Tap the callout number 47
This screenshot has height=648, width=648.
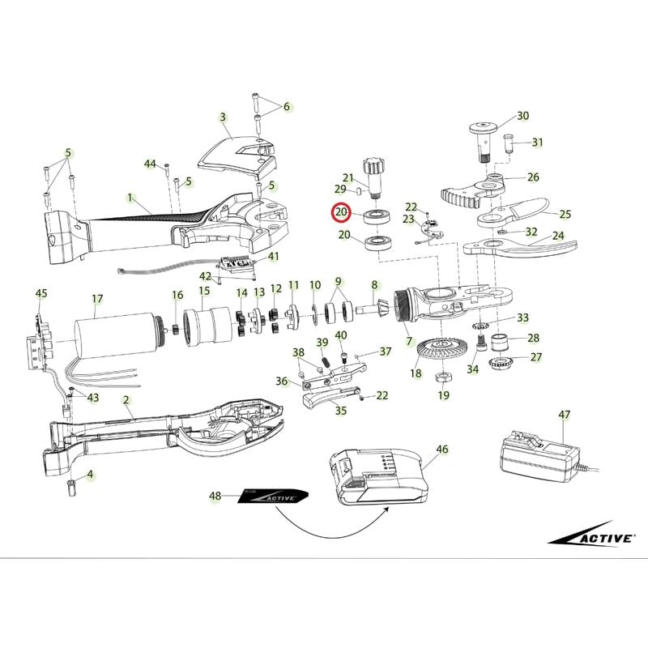(564, 415)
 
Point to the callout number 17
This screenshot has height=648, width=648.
(97, 299)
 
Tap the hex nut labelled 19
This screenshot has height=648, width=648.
(444, 377)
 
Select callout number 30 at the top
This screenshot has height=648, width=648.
(522, 116)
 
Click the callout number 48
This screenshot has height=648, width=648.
(215, 496)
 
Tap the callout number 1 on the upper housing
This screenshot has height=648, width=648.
(129, 197)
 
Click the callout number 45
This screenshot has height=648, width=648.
(41, 292)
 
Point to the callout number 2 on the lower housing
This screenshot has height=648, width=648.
(126, 400)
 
